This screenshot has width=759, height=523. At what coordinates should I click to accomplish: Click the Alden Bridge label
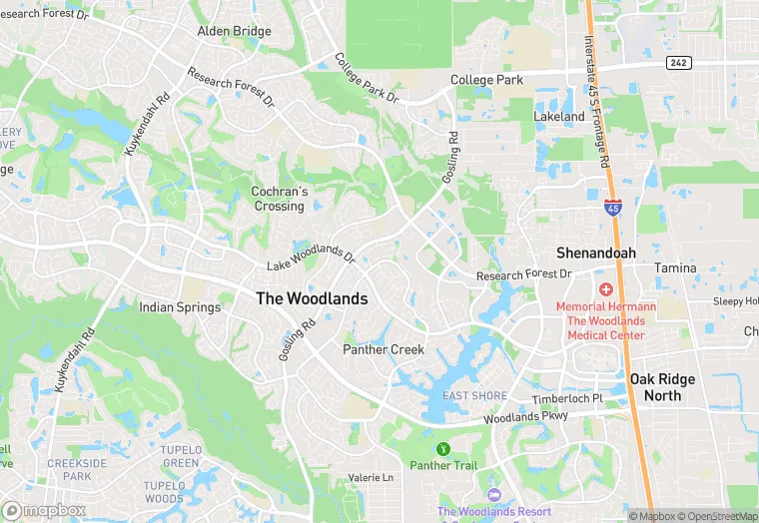point(234,31)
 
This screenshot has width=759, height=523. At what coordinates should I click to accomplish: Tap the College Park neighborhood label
point(486,79)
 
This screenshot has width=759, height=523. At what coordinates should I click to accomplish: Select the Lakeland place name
point(558,117)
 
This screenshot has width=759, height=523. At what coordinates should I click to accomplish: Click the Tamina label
point(675,268)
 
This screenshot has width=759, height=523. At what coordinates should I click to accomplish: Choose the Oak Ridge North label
point(669,387)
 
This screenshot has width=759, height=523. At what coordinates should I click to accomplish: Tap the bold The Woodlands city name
point(312,298)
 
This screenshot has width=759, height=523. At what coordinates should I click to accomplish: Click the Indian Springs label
point(180,307)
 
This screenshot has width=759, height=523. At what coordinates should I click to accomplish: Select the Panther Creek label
point(383,349)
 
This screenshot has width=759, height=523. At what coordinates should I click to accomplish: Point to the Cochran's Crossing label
point(278,199)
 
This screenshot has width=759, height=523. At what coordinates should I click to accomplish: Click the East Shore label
point(475,396)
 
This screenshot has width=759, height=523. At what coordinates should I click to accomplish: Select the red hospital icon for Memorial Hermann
point(605,288)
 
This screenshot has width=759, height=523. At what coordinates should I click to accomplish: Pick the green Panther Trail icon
point(443,448)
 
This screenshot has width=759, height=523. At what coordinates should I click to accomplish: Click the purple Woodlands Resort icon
point(492,495)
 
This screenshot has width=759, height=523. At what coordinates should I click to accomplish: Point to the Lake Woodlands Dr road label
point(311,258)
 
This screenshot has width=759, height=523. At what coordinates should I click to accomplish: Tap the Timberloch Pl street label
point(567,398)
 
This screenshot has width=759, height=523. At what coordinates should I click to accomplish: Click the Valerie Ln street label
point(371,478)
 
